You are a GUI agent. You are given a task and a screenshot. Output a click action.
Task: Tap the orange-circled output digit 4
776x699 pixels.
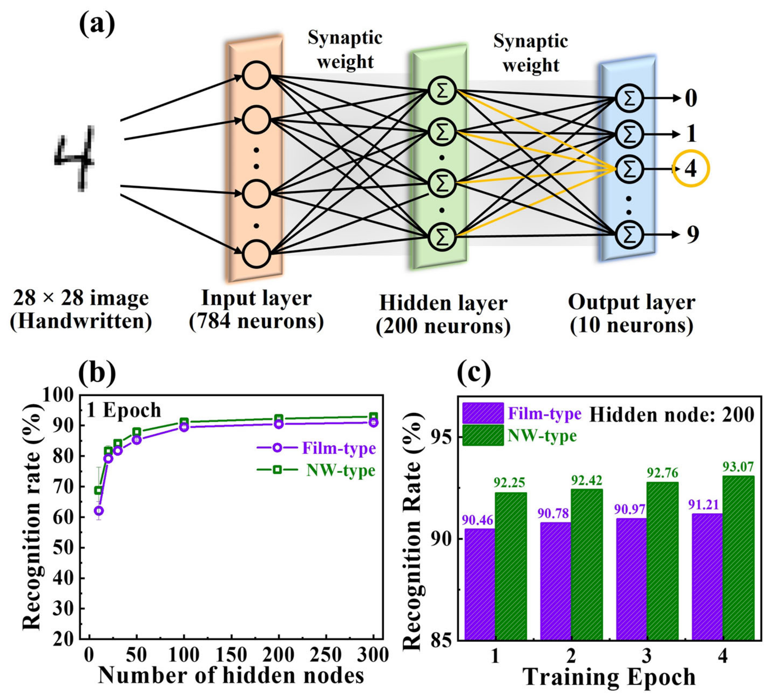coord(690,169)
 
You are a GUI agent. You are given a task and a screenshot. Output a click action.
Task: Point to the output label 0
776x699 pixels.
coord(691,98)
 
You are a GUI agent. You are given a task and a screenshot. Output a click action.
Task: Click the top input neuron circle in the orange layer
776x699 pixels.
coord(256,75)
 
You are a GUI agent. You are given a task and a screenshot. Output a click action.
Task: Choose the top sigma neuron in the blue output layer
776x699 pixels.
coord(629,98)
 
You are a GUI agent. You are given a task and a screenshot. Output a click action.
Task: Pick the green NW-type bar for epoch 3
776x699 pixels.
coord(662,562)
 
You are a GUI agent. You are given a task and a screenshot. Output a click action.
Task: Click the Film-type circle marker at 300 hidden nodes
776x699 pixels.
coord(373,422)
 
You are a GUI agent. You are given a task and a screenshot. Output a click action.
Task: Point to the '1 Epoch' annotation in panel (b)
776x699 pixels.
coord(124,410)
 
